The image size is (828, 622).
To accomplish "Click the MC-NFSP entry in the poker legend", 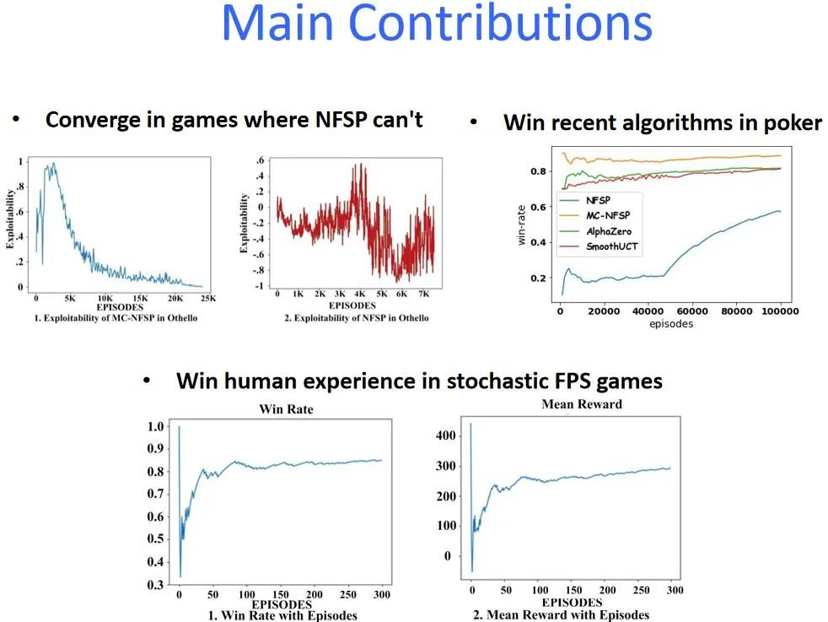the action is [608, 215].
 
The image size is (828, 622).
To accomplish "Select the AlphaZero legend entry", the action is [609, 231].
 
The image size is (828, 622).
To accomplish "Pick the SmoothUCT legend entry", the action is [612, 246].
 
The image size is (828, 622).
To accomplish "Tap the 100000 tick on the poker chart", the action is [780, 311].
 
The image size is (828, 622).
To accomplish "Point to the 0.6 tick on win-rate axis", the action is [538, 207].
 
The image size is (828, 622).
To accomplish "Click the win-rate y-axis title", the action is [522, 225].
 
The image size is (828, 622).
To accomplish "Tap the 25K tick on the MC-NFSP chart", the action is [208, 299].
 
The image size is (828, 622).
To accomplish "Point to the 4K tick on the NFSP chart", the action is [359, 294].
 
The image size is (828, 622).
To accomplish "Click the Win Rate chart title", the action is [286, 409].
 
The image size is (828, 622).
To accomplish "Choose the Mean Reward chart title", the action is [582, 404].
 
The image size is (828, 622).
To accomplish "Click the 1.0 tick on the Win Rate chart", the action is [155, 426].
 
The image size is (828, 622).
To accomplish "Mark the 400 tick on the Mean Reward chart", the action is [446, 436].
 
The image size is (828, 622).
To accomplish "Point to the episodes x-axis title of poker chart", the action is [671, 324].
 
